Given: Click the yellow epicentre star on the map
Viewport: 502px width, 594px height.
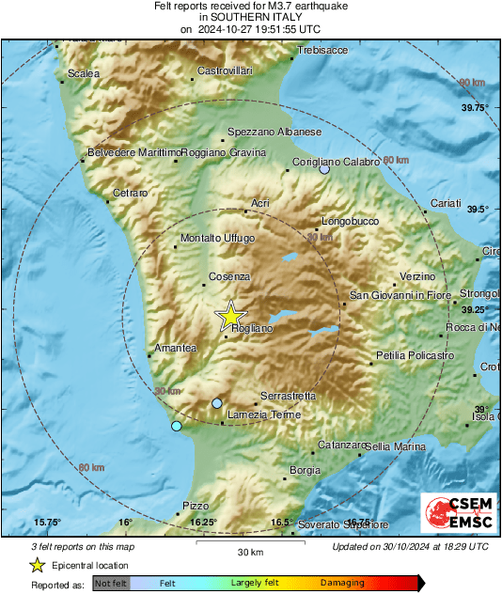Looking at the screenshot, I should tap(231, 317).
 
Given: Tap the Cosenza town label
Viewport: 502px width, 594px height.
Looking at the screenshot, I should tap(229, 276).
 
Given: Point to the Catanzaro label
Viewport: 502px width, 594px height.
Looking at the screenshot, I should tap(340, 445).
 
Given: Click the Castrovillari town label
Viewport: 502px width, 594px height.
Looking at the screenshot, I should tap(226, 71).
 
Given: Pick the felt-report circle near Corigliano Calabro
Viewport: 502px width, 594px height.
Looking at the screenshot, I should tap(324, 170).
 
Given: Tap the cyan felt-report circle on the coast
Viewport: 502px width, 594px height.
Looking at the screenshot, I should tap(176, 427).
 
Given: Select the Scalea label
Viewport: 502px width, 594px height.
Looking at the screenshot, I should tap(84, 74).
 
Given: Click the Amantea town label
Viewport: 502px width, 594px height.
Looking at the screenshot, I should tap(176, 349).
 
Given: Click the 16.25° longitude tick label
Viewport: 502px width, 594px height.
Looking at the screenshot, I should tap(203, 523).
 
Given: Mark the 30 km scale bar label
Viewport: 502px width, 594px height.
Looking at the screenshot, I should tap(249, 552).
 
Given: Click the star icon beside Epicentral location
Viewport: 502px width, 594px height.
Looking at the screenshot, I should tap(37, 565).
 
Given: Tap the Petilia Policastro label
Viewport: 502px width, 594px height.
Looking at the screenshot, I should tap(414, 355).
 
